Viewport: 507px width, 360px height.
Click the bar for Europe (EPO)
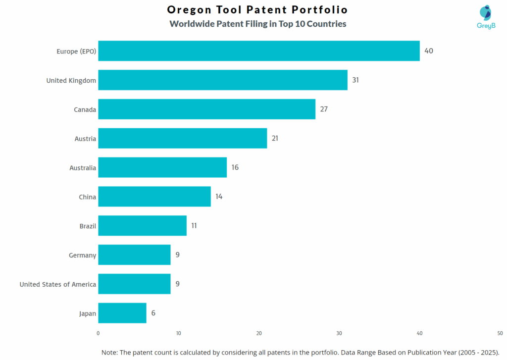point(258,51)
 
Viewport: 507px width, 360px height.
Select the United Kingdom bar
point(222,80)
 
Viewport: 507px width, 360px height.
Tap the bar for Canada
point(206,109)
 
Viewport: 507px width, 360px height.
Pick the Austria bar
point(182,139)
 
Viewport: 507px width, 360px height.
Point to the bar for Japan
point(122,313)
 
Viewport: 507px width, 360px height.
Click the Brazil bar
point(142,226)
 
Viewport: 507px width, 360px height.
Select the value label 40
point(428,51)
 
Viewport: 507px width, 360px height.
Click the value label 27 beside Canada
point(324,109)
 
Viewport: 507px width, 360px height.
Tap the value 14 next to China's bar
point(219,197)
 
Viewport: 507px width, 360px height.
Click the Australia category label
point(83,168)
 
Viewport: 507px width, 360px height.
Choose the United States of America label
point(58,284)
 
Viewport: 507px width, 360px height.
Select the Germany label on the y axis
point(83,255)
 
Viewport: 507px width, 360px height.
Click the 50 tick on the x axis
point(500,333)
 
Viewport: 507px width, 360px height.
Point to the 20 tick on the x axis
point(259,333)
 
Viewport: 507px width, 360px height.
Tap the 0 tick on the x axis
point(98,333)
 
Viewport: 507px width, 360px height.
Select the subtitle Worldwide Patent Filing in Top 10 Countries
point(257,24)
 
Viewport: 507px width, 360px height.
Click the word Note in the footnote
point(111,352)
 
